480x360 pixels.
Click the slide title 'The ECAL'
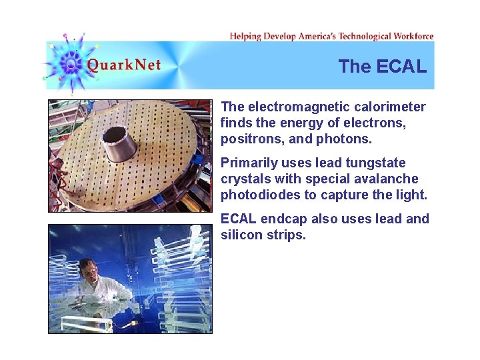pyautogui.click(x=382, y=66)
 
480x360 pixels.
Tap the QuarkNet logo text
pyautogui.click(x=124, y=65)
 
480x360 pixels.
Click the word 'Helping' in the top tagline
pyautogui.click(x=245, y=36)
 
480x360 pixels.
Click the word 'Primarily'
pyautogui.click(x=249, y=163)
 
